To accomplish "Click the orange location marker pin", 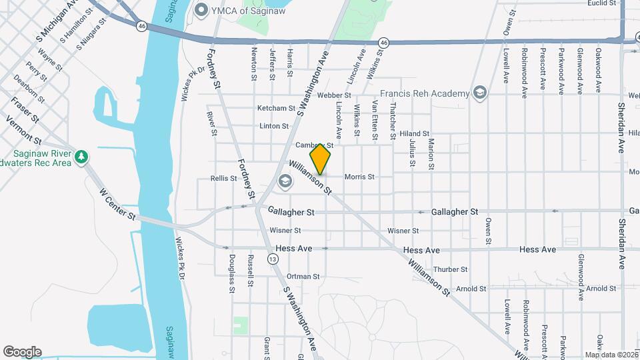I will pyautogui.click(x=320, y=157).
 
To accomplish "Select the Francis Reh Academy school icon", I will pyautogui.click(x=479, y=93).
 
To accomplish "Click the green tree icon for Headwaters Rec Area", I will pyautogui.click(x=81, y=157).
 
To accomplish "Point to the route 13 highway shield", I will pyautogui.click(x=273, y=259).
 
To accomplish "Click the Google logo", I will pyautogui.click(x=22, y=352).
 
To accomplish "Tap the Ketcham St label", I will pyautogui.click(x=276, y=108).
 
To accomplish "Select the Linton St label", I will pyautogui.click(x=274, y=125).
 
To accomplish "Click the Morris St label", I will pyautogui.click(x=359, y=177).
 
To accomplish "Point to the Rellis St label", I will pyautogui.click(x=223, y=178).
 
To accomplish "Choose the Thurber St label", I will pyautogui.click(x=450, y=269).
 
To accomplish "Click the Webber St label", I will pyautogui.click(x=333, y=95).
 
